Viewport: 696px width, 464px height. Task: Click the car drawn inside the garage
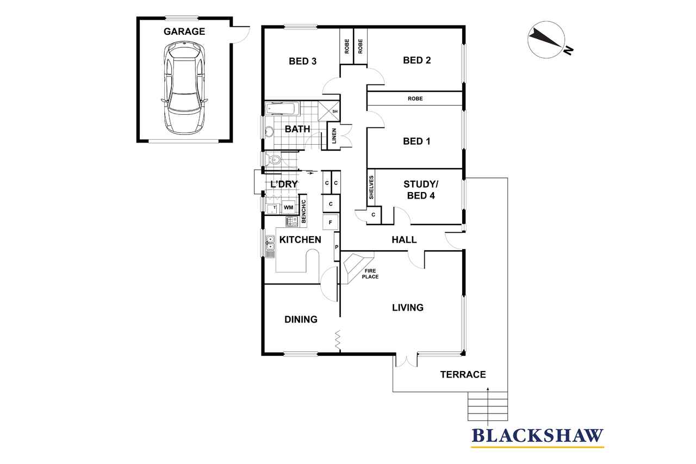point(184,88)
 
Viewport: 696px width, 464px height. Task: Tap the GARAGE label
point(184,32)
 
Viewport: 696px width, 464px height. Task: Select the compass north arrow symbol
point(546,40)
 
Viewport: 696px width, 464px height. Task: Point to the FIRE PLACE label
point(370,274)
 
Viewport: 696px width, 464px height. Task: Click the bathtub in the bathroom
point(282,109)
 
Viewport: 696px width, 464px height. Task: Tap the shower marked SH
point(329,111)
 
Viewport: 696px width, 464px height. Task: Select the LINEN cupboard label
point(334,136)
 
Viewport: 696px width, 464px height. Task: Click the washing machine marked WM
point(288,207)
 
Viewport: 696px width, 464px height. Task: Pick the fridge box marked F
point(330,222)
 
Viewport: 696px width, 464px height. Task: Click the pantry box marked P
point(337,247)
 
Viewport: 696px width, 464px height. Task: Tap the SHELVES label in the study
point(371,188)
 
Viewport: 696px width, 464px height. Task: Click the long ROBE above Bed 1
point(415,98)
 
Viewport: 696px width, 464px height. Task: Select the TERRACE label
point(463,374)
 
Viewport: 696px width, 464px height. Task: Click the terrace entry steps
point(488,406)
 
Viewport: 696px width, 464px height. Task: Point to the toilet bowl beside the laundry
point(273,160)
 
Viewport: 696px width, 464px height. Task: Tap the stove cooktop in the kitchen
point(292,221)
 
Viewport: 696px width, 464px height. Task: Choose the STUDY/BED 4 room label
point(421,190)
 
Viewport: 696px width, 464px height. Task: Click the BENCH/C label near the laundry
point(303,212)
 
